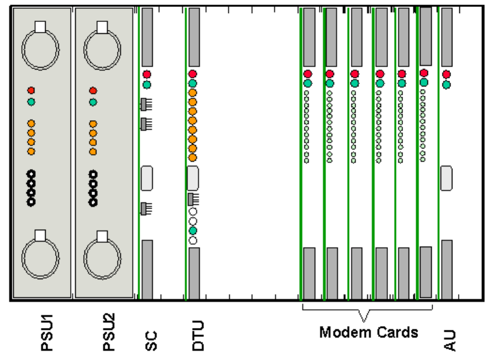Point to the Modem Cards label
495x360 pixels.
369,332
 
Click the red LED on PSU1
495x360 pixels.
31,91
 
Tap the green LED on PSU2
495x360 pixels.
93,102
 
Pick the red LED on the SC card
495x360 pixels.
146,74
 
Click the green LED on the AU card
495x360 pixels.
446,85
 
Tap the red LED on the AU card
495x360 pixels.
446,75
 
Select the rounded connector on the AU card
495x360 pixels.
447,178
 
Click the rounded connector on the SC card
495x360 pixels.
147,178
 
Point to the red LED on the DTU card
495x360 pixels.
193,74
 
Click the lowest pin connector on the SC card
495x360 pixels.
146,207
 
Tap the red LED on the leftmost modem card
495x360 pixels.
307,74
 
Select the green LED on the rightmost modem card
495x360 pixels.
424,82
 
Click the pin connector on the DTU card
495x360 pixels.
193,199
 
